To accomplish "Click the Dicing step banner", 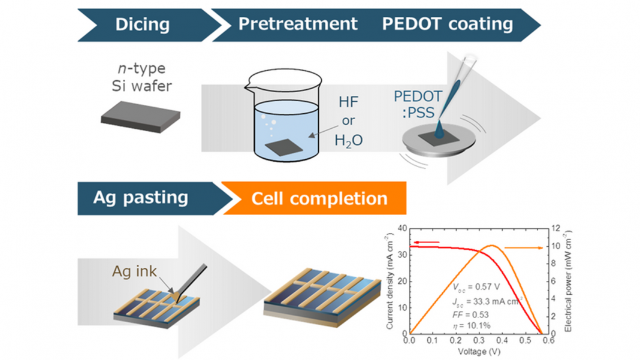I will (142, 25).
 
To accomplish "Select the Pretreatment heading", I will (298, 24).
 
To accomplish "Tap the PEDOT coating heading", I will (447, 24).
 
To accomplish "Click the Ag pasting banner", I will (141, 198).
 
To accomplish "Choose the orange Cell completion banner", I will (319, 198).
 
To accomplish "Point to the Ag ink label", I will (134, 271).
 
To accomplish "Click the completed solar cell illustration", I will (322, 294).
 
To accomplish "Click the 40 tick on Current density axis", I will (401, 228).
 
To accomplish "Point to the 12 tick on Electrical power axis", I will (556, 228).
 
